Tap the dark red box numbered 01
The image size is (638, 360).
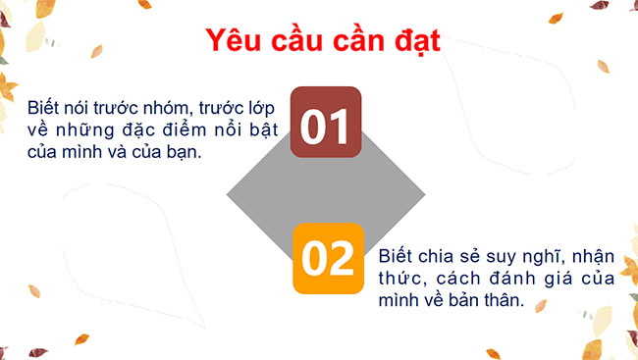coord(325,124)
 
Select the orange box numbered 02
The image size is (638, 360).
coord(327,258)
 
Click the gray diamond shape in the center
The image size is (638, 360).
coord(294,190)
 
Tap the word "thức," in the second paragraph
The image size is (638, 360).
coord(399,280)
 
